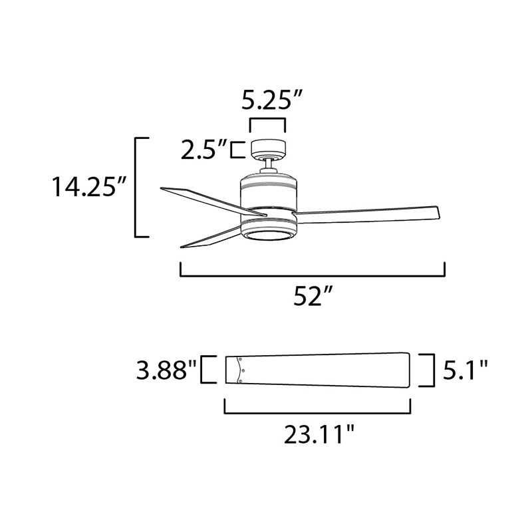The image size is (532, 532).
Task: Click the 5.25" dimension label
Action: [x=271, y=100]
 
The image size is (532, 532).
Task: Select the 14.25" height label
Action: [x=89, y=186]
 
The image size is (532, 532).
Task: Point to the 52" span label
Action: [x=312, y=296]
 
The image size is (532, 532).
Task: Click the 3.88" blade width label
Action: [x=166, y=370]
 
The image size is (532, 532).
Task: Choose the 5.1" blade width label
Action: [x=465, y=370]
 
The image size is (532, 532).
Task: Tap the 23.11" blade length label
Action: [x=319, y=434]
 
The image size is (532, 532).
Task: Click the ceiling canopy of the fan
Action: [x=268, y=149]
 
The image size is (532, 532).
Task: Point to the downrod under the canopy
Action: [x=269, y=165]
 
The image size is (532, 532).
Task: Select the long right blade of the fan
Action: [x=368, y=214]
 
